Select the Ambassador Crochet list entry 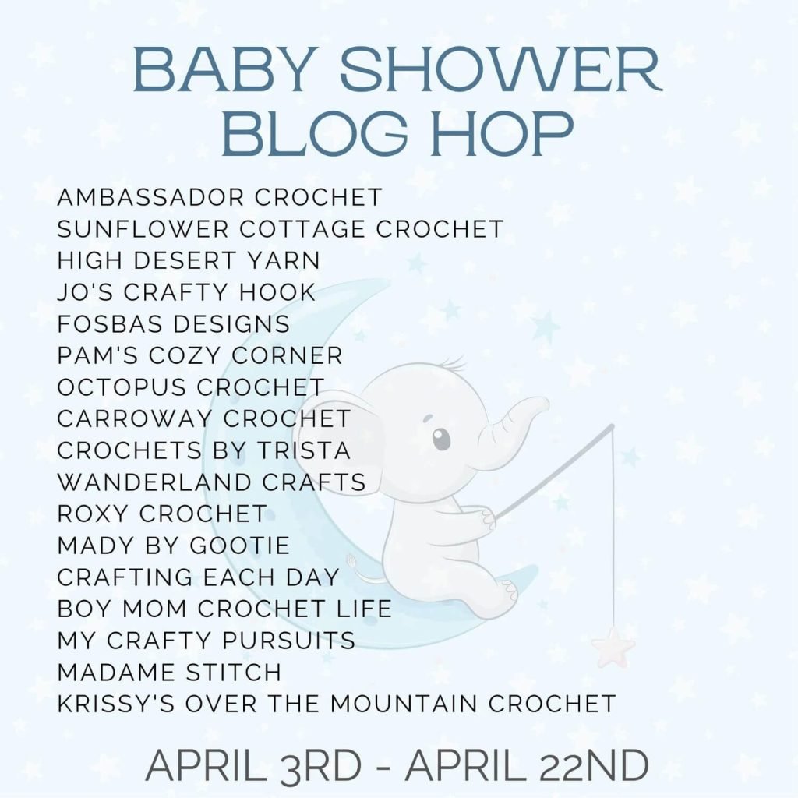click(x=219, y=197)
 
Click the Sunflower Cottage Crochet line click(x=280, y=229)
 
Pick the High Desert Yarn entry click(x=189, y=260)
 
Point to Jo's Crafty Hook click(x=186, y=292)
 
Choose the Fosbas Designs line click(x=173, y=324)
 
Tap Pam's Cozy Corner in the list click(x=199, y=355)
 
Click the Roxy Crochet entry click(x=162, y=514)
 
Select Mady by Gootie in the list click(x=173, y=546)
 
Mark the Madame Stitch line click(x=169, y=672)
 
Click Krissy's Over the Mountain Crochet click(x=337, y=704)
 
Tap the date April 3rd click(x=253, y=765)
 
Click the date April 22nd click(x=527, y=765)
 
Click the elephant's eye click(x=441, y=438)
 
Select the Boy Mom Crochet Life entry click(x=224, y=609)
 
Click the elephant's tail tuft click(x=351, y=562)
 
